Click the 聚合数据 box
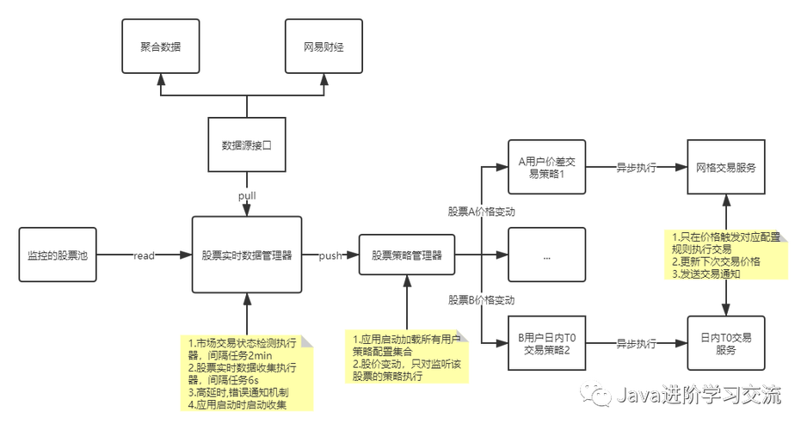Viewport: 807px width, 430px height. (x=160, y=47)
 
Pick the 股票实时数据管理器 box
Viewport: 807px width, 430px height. (x=247, y=255)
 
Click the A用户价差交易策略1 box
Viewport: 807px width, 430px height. (x=546, y=167)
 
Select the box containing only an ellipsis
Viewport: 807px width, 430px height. (x=546, y=255)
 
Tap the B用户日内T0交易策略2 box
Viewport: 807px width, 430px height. (x=546, y=344)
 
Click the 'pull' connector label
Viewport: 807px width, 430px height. (x=247, y=195)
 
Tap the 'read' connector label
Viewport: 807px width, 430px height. (x=143, y=255)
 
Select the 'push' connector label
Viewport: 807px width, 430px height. (x=330, y=255)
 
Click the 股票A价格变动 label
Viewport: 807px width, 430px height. (x=482, y=211)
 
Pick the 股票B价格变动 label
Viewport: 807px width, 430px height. (x=482, y=299)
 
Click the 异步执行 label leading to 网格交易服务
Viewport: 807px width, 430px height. (x=637, y=167)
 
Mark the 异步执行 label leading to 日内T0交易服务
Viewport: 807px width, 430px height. (x=637, y=344)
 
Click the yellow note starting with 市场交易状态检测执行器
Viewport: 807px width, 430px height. (x=246, y=372)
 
